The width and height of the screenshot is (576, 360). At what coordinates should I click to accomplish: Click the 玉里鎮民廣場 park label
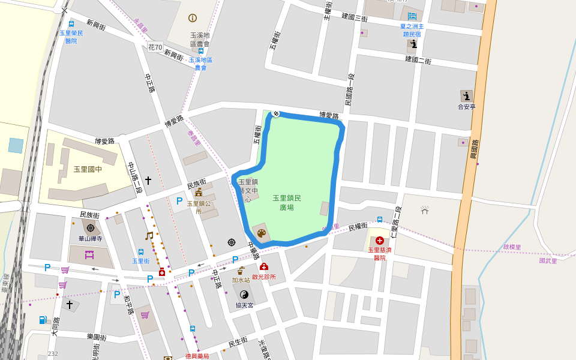point(287,203)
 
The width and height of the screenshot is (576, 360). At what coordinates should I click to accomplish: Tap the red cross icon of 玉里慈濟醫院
point(379,241)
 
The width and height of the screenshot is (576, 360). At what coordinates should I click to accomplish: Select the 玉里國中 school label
point(88,170)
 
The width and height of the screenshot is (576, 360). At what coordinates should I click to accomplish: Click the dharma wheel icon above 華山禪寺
point(91,228)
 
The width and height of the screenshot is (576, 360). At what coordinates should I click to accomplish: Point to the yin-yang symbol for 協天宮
point(244,294)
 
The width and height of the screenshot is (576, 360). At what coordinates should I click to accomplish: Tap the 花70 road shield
point(155,47)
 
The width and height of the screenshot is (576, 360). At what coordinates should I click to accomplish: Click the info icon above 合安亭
point(466,96)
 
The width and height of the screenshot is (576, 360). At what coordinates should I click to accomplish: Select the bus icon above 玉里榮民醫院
point(71,24)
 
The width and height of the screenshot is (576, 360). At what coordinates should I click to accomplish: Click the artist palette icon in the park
point(261,233)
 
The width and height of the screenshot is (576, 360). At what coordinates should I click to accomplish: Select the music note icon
point(149,236)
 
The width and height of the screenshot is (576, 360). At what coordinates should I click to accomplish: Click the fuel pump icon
point(43,320)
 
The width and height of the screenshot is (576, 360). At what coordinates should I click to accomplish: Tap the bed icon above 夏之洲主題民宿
point(412,16)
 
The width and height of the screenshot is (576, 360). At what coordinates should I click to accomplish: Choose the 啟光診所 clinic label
point(264,277)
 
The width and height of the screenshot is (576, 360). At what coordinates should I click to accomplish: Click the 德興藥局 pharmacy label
point(197,356)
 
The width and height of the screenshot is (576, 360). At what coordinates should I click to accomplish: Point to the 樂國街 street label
point(96,338)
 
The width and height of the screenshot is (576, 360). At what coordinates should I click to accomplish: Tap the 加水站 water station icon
point(241,271)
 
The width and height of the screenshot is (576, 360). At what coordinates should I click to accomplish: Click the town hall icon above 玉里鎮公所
point(199,193)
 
